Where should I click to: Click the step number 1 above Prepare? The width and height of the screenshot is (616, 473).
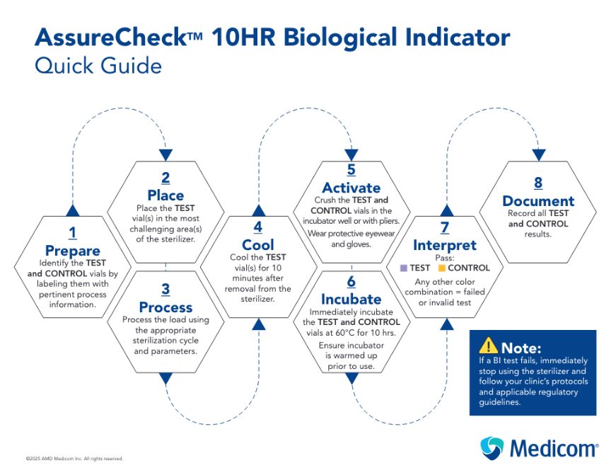point(73,233)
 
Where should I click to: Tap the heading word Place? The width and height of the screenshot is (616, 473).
point(165,195)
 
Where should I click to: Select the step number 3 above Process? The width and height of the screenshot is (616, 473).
point(165,289)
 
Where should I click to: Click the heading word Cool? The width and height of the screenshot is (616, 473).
point(257,245)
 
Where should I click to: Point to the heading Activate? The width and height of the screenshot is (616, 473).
point(351,188)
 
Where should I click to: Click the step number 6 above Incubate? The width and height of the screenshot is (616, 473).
point(351,282)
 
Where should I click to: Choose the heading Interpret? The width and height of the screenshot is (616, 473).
point(445,245)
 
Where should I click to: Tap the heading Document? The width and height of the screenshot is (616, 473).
point(538,201)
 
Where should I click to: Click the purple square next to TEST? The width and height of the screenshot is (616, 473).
point(403,268)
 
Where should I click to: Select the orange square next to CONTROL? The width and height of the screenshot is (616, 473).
point(441,268)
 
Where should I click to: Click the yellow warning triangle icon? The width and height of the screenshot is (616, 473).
point(488,346)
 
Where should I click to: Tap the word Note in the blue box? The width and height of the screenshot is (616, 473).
point(521,348)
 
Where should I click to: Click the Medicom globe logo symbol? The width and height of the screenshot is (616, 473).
point(492,448)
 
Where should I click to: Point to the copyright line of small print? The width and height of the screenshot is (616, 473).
point(74,458)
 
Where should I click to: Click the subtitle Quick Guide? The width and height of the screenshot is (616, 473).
point(98,65)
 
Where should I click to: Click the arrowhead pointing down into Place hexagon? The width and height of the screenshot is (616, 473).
point(165,155)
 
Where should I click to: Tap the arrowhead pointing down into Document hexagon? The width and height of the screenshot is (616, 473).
point(539,155)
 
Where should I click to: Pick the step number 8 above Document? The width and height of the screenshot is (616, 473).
point(538,183)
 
